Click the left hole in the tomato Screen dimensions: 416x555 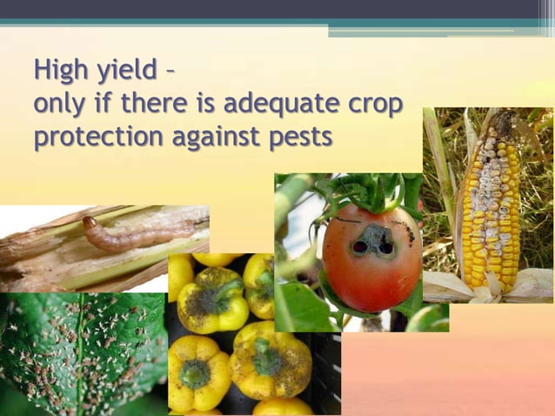click(359, 246)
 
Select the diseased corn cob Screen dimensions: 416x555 click(491, 209)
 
